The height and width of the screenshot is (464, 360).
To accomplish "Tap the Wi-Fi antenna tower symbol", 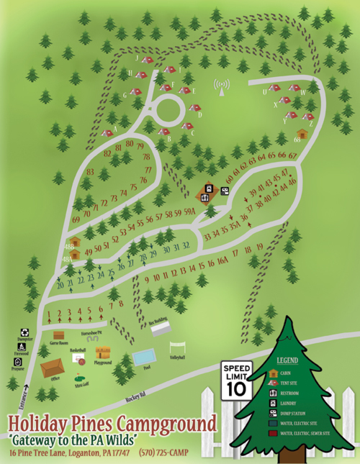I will [x=221, y=88].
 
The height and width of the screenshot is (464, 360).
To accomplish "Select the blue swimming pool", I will [x=143, y=356].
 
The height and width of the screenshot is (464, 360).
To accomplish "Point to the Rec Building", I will [x=161, y=329].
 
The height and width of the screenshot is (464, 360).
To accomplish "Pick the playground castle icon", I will [x=104, y=352].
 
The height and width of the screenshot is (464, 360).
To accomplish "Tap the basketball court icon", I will [x=78, y=357].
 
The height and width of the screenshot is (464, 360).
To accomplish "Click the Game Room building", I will [x=60, y=335].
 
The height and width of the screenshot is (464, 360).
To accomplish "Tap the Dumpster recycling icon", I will [x=24, y=333].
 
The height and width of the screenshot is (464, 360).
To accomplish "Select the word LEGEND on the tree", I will [x=289, y=359].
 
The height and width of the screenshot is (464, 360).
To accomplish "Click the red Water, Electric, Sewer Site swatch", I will [x=273, y=434].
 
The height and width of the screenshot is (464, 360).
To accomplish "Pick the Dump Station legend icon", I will [x=273, y=413].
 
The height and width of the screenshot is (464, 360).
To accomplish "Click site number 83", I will [x=91, y=172].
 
